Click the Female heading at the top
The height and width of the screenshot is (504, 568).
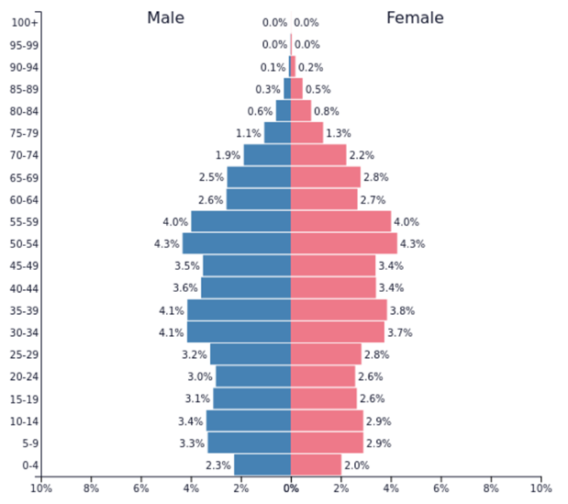point(415,17)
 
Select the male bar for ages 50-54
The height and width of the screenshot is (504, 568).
point(237,244)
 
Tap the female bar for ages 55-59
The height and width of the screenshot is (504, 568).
point(340,222)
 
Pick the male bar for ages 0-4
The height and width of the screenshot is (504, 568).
point(262,465)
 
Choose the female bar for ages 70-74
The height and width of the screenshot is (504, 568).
point(318,155)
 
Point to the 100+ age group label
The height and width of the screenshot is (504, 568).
point(25,23)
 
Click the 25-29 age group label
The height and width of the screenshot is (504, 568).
point(25,355)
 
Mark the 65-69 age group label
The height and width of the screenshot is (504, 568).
point(25,178)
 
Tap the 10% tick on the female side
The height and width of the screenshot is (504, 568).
point(540,488)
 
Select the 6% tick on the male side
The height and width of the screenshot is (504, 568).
point(141,488)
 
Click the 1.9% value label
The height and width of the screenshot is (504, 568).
point(228,156)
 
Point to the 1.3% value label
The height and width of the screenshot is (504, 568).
point(339,134)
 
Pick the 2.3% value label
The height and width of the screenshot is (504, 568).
point(218,466)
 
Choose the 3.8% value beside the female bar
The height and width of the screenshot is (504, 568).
point(403,311)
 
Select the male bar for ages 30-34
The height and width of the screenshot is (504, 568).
point(239,332)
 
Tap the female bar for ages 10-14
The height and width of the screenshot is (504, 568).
point(328,421)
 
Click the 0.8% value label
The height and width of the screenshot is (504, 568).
point(326,112)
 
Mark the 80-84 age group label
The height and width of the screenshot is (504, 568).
point(25,112)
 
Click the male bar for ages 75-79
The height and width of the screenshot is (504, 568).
point(277,133)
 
